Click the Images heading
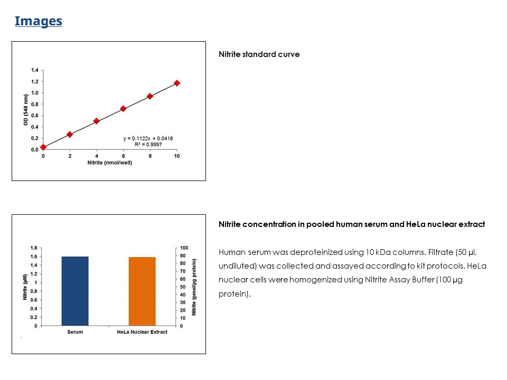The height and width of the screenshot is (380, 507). (x=38, y=21)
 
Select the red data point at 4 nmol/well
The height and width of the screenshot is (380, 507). (x=97, y=121)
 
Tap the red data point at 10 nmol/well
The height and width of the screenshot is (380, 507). (x=177, y=83)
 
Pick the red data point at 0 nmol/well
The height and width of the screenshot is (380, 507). (x=43, y=147)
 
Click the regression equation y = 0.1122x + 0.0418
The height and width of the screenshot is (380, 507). (x=148, y=138)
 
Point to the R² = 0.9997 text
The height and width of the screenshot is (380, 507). (x=148, y=144)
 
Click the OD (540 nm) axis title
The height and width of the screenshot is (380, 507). (x=25, y=109)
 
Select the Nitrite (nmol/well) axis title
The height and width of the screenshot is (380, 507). (x=110, y=163)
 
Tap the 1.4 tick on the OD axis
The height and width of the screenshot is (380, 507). (x=34, y=70)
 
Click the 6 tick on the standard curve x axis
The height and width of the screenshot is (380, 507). (x=123, y=156)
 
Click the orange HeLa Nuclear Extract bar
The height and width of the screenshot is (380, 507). (x=142, y=291)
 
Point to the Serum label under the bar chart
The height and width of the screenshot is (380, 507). (x=75, y=332)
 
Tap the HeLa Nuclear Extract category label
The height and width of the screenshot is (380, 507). (x=142, y=332)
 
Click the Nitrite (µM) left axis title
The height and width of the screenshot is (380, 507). (x=24, y=287)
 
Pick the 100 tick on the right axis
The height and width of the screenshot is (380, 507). (x=184, y=248)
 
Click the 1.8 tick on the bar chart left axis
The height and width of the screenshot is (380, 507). (x=33, y=248)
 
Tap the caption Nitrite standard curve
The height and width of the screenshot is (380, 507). (x=259, y=54)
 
